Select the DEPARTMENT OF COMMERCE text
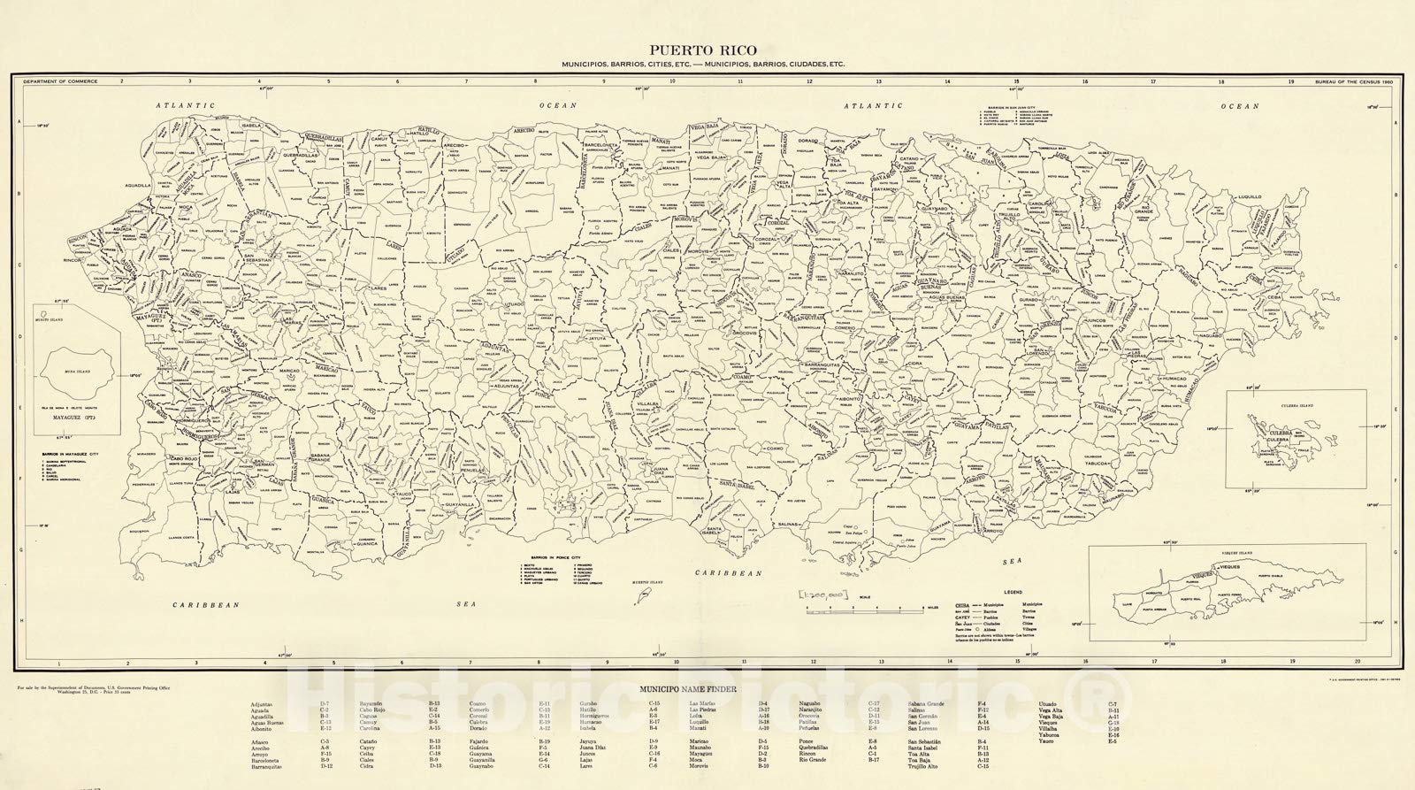[61, 81]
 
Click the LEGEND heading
[1012, 590]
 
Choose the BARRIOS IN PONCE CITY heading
[545, 557]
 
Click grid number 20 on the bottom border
[1357, 663]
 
